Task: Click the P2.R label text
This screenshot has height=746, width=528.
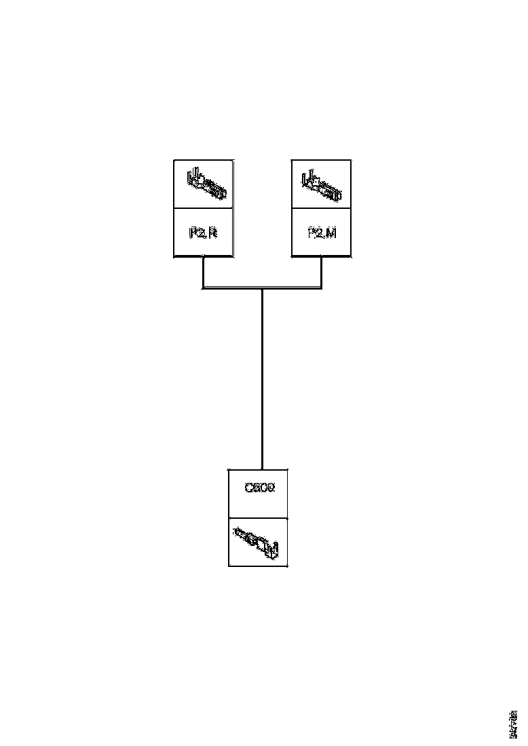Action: (203, 233)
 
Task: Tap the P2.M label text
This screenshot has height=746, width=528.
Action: (322, 233)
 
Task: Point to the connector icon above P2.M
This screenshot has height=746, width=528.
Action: (322, 184)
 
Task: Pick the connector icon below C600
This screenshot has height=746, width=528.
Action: (259, 543)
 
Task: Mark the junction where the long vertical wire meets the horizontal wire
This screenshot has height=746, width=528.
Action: (262, 288)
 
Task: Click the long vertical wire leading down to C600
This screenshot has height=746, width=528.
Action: (262, 380)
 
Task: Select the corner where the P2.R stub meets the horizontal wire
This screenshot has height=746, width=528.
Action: (203, 288)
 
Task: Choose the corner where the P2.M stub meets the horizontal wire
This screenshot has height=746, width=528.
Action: (321, 288)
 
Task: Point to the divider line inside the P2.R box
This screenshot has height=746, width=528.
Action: (203, 208)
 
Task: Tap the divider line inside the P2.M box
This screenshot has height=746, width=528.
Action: (321, 208)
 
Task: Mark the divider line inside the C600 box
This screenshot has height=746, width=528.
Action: (259, 518)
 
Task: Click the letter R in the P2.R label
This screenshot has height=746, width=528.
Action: (212, 233)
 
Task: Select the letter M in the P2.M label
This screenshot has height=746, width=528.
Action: (331, 233)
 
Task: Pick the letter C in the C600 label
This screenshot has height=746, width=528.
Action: (248, 488)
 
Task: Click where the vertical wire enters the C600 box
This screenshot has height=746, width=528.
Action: (262, 468)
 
